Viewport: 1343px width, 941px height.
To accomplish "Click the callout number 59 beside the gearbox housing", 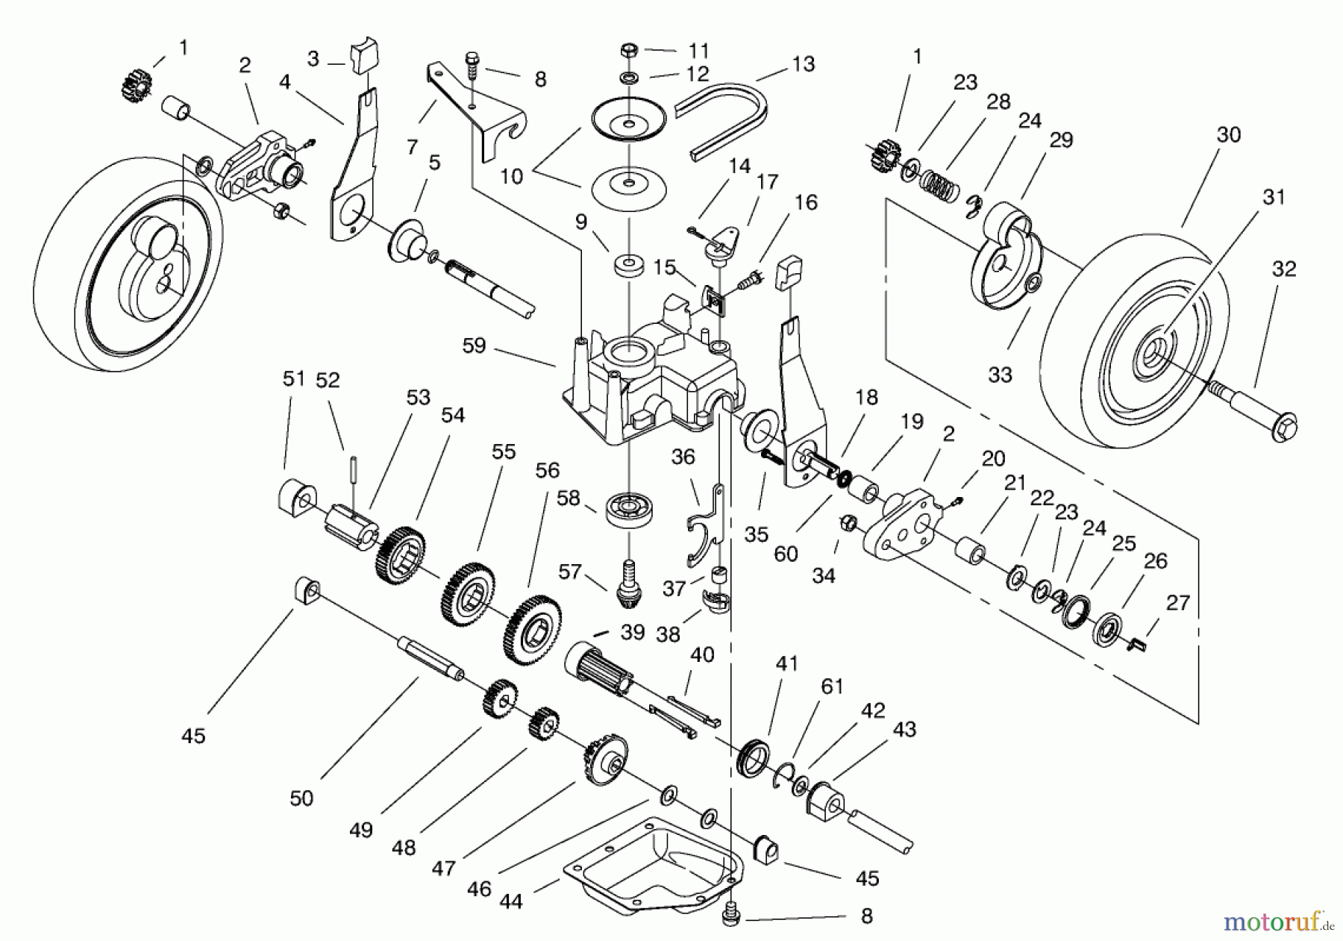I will (x=474, y=346).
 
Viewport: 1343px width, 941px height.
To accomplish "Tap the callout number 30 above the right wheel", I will (x=1228, y=135).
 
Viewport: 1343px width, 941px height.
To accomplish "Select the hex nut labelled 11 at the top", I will (x=629, y=51).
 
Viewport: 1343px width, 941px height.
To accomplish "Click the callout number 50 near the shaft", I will (x=301, y=798).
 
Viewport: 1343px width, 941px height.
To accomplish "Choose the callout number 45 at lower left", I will (x=193, y=736).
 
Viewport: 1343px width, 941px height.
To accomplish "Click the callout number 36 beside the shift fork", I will (x=683, y=457).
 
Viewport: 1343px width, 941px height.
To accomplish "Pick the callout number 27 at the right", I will (x=1177, y=603).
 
